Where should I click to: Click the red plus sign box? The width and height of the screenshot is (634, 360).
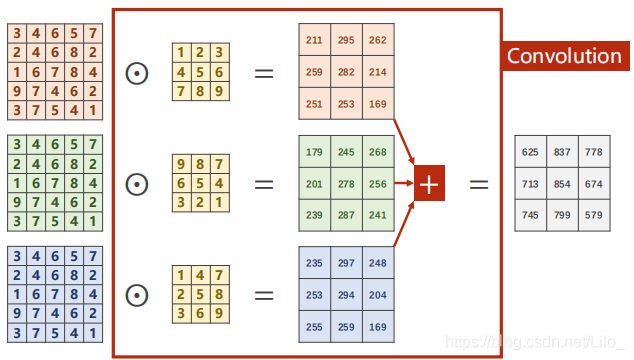429,183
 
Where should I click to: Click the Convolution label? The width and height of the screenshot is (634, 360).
564,56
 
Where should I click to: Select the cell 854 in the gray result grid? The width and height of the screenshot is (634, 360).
563,184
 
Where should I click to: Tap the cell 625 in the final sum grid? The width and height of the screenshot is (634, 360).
530,152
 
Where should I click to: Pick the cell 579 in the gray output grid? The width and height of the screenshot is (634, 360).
595,215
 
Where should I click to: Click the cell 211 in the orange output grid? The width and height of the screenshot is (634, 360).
314,40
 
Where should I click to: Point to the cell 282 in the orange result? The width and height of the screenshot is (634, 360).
346,72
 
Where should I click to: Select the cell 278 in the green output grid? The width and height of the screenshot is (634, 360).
346,183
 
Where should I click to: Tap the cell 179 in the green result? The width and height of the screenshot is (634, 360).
314,152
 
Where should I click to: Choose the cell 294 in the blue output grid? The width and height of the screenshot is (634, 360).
346,296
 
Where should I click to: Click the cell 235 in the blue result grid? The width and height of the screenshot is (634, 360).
314,263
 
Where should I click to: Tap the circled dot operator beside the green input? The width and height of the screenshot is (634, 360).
137,184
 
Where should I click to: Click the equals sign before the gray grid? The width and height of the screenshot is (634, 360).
480,184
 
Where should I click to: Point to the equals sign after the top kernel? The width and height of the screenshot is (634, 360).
263,72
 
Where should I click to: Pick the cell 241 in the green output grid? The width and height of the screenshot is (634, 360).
378,215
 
